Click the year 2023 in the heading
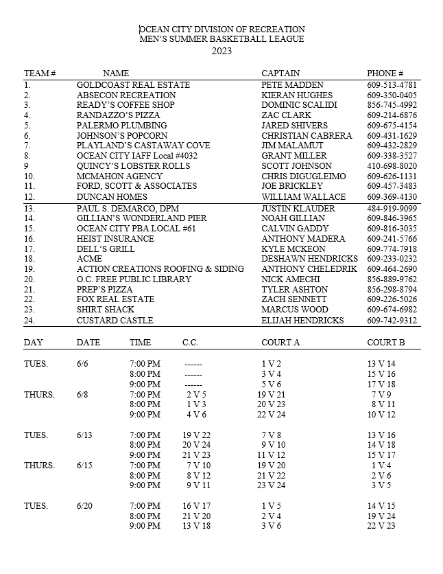pyautogui.click(x=221, y=50)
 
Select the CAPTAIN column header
pyautogui.click(x=280, y=73)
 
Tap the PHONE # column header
pyautogui.click(x=385, y=73)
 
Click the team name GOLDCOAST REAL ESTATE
pyautogui.click(x=133, y=84)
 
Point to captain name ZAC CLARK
pyautogui.click(x=286, y=115)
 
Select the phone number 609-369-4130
pyautogui.click(x=392, y=197)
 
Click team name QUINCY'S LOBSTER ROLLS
pyautogui.click(x=133, y=166)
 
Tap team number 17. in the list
pyautogui.click(x=29, y=249)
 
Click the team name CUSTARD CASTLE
pyautogui.click(x=115, y=321)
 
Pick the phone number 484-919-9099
pyautogui.click(x=392, y=208)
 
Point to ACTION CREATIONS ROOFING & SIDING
pyautogui.click(x=160, y=269)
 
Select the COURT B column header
pyautogui.click(x=385, y=342)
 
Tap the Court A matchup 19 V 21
pyautogui.click(x=271, y=395)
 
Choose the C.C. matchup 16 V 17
pyautogui.click(x=197, y=506)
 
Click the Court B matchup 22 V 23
pyautogui.click(x=381, y=526)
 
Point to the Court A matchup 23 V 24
pyautogui.click(x=271, y=485)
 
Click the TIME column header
pyautogui.click(x=140, y=342)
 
